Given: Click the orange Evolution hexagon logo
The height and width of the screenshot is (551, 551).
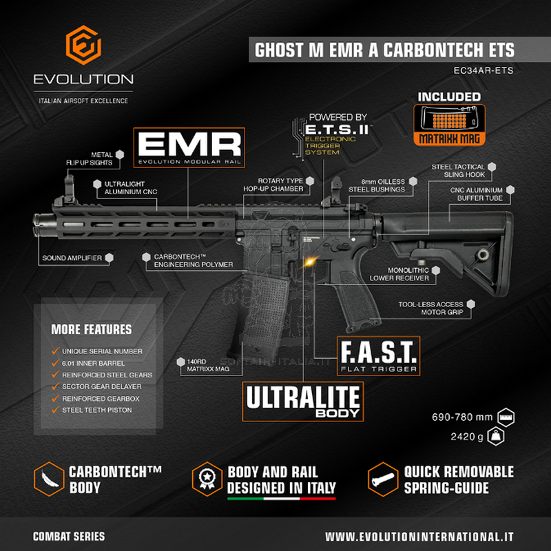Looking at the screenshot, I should coord(83,47).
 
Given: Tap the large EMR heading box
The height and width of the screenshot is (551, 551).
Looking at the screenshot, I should coord(189,147).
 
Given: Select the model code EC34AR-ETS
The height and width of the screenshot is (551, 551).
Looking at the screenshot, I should coord(484,70).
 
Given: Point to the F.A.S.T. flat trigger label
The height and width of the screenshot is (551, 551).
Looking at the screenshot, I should coord(377,355).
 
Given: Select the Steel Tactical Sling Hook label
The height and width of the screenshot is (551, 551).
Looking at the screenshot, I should coord(459,171).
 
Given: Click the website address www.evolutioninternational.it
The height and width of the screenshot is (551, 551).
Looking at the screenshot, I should coord(419,536).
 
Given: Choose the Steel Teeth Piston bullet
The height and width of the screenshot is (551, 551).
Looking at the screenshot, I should coord(96,410).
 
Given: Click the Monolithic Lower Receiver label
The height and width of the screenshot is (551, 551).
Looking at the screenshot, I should coord(399,274).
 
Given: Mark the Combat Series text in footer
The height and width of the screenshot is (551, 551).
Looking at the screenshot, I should coord(69,536).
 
